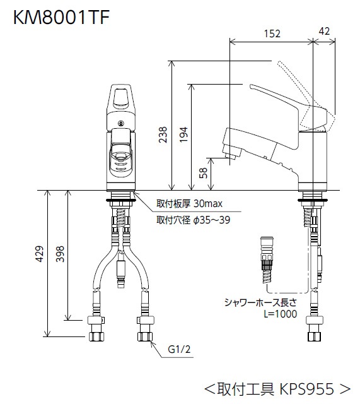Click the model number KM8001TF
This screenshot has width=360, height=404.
click(x=62, y=17)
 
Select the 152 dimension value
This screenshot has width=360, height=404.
click(x=272, y=34)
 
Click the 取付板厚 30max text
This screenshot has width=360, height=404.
click(x=189, y=205)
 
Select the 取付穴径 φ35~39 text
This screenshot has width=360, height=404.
click(x=193, y=220)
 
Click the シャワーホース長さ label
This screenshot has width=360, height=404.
click(x=267, y=302)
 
